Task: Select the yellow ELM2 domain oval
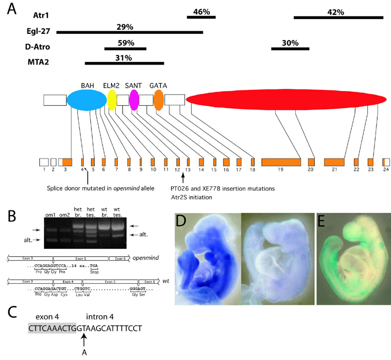[x=111, y=99]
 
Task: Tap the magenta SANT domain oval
[x=134, y=99]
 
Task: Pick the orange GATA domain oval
[x=159, y=99]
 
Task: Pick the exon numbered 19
[x=281, y=162]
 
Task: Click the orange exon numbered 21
[x=334, y=162]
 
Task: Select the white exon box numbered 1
[x=44, y=162]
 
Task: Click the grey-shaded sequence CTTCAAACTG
[x=53, y=328]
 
